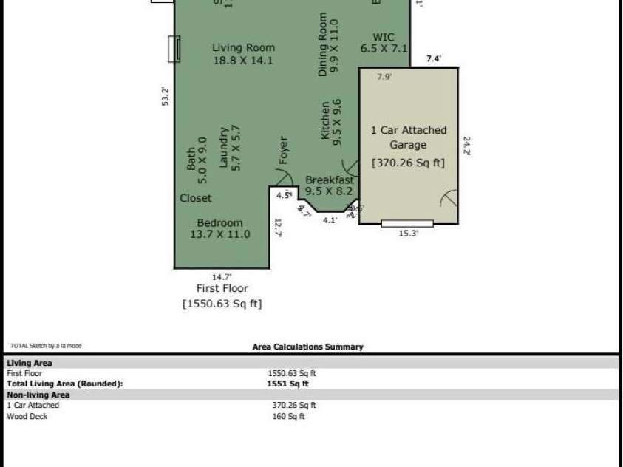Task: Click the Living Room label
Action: pyautogui.click(x=242, y=54)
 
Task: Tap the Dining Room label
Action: pyautogui.click(x=327, y=44)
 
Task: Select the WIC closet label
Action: pyautogui.click(x=384, y=43)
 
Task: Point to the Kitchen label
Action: pyautogui.click(x=330, y=121)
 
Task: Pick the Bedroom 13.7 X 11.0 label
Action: pyautogui.click(x=219, y=228)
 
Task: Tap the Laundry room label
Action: pyautogui.click(x=229, y=148)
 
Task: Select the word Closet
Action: pyautogui.click(x=195, y=198)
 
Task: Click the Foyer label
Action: pyautogui.click(x=283, y=150)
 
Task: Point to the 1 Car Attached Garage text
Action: pyautogui.click(x=408, y=137)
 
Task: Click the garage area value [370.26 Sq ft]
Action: pyautogui.click(x=408, y=163)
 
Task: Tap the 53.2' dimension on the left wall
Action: pyautogui.click(x=165, y=98)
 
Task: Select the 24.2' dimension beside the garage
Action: pyautogui.click(x=466, y=145)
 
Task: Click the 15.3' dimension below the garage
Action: pyautogui.click(x=409, y=233)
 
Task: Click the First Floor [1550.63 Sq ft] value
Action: pyautogui.click(x=222, y=304)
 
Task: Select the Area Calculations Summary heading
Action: pyautogui.click(x=307, y=347)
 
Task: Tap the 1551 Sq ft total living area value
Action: pyautogui.click(x=287, y=384)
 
